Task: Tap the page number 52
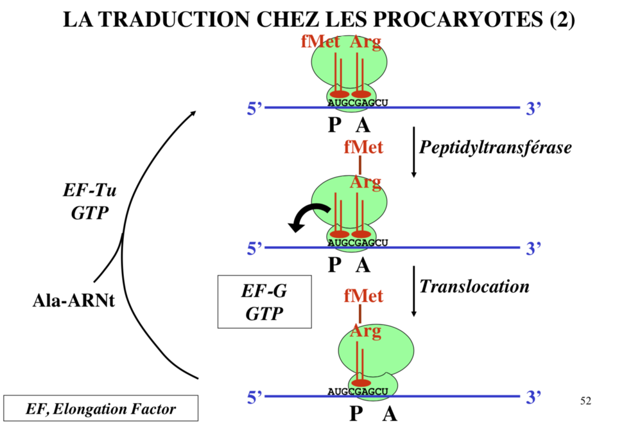pos(585,401)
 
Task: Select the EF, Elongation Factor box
pos(101,408)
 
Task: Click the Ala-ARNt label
pos(73,300)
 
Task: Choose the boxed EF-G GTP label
pos(264,302)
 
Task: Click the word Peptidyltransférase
pos(495,147)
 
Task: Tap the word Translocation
pos(474,286)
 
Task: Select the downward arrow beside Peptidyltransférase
pos(413,154)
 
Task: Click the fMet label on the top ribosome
pos(321,42)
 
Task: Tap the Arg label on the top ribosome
pos(365,42)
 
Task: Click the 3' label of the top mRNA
pos(534,109)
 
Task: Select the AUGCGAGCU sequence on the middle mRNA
pos(358,242)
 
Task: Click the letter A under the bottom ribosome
pos(389,414)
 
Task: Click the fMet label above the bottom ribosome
pos(363,296)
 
